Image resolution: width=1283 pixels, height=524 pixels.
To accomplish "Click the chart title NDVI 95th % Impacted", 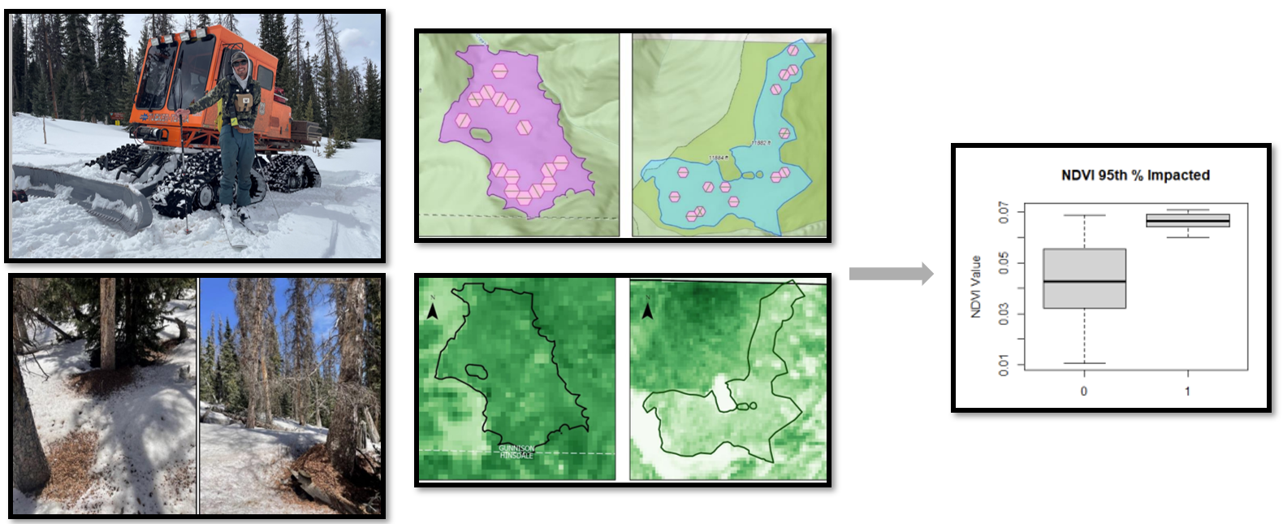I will point(1135,175).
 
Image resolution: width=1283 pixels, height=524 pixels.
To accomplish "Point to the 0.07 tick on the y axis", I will point(1004,214).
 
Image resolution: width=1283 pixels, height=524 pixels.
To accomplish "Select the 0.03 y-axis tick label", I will point(1004,314).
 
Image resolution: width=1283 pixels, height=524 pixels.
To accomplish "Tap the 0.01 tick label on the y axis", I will point(1004,364).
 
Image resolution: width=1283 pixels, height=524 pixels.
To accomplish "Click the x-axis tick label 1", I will point(1187,391).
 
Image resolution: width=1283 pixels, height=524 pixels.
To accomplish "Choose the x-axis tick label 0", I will point(1084,391).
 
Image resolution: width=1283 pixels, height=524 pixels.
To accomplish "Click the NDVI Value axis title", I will point(976,286).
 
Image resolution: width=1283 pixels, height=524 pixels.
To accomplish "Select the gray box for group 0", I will point(1084,264).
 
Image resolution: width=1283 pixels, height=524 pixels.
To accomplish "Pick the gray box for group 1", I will point(1187,220).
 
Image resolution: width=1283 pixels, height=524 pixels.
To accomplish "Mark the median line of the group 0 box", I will point(1084,281).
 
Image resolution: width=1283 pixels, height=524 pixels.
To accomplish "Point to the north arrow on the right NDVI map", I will point(647,310).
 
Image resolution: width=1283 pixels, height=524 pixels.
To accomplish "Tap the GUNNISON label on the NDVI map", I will point(516,448).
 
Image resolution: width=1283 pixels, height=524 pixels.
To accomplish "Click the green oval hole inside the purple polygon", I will point(480,134).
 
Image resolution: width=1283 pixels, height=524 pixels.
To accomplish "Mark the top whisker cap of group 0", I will point(1084,215).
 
